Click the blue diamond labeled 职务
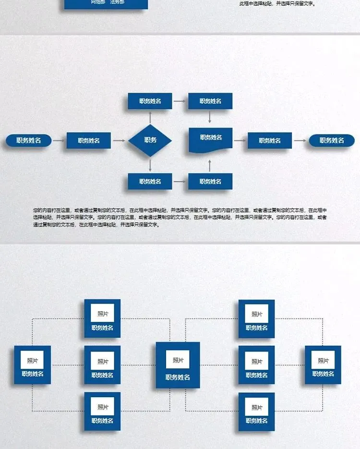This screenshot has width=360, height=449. (x=150, y=140)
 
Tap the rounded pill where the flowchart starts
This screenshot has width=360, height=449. (x=28, y=141)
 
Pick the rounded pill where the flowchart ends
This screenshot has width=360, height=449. (x=332, y=141)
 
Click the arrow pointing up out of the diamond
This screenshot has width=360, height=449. (x=150, y=116)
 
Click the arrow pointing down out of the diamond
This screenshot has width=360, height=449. (x=150, y=165)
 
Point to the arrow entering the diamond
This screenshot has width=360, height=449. (x=119, y=141)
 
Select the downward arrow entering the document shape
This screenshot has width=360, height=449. (x=210, y=117)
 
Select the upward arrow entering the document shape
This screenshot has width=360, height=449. (x=210, y=165)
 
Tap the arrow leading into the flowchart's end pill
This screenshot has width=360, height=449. (x=300, y=141)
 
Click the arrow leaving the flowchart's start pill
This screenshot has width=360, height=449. (x=58, y=141)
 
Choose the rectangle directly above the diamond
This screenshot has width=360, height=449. (x=150, y=101)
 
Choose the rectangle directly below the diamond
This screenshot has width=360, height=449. (x=150, y=182)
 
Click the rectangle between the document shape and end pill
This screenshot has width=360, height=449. (x=270, y=141)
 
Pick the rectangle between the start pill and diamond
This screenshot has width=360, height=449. (x=88, y=141)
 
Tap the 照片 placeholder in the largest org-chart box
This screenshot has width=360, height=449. (x=178, y=360)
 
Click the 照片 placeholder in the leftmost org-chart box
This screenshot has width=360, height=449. (x=32, y=360)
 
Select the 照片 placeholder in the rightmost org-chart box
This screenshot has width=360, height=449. (x=323, y=360)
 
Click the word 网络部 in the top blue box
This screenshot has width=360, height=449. (x=98, y=2)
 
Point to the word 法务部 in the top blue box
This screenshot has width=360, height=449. (x=117, y=2)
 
